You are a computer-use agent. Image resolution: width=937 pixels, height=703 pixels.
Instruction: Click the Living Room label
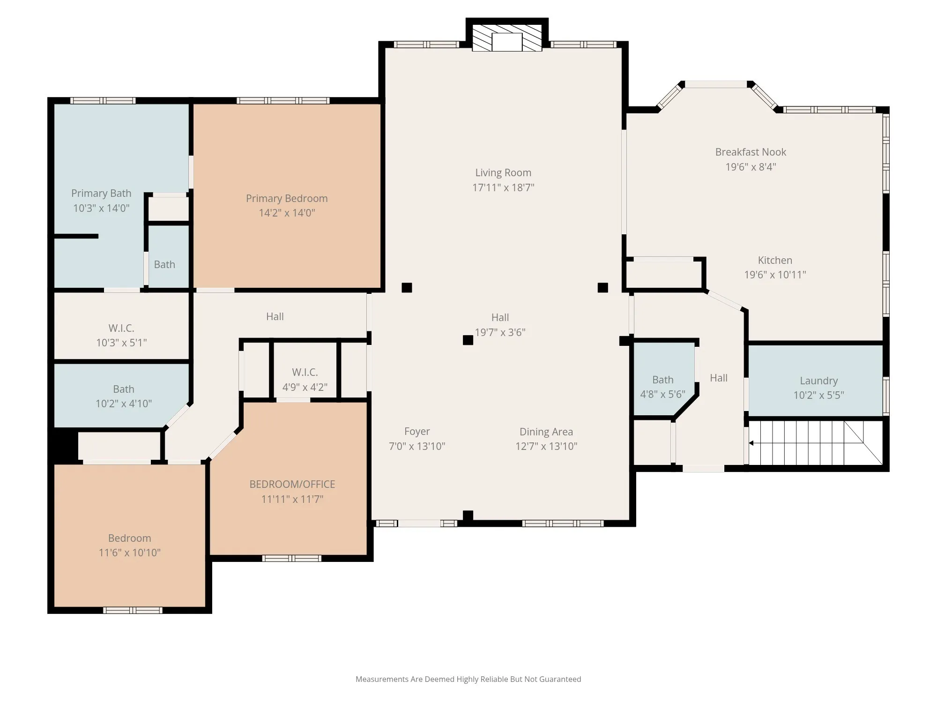tap(503, 173)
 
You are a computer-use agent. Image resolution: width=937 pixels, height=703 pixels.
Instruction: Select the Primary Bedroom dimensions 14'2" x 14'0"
tap(287, 213)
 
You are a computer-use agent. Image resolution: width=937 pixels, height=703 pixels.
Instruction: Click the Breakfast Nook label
tap(751, 152)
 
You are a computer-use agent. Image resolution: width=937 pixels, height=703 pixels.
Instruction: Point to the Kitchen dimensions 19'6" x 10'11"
tap(775, 275)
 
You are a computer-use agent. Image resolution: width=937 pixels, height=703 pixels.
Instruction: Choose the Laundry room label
tap(818, 381)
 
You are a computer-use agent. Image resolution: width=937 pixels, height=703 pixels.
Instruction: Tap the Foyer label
tap(417, 431)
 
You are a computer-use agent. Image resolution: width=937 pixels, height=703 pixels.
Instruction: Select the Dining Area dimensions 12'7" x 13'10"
tap(546, 446)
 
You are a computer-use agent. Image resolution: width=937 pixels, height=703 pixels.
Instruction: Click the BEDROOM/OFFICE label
tap(292, 484)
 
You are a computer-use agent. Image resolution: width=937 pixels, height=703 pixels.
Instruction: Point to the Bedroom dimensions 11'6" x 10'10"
tap(129, 553)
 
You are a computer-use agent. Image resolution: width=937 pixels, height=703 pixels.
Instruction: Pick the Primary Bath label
tap(101, 193)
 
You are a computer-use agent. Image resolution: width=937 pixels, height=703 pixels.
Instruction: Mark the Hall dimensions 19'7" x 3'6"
tap(500, 332)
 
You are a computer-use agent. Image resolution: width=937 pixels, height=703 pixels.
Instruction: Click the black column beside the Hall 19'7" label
tap(468, 340)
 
